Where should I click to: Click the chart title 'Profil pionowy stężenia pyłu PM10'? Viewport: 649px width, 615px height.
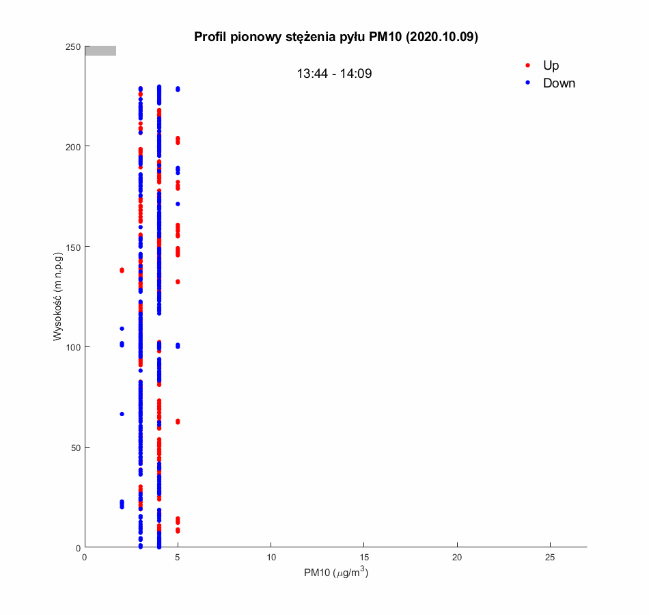pos(336,37)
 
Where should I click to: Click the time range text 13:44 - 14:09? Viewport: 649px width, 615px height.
pos(334,74)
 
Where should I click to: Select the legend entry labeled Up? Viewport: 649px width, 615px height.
pos(551,66)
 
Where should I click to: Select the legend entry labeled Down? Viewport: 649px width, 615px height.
pos(559,83)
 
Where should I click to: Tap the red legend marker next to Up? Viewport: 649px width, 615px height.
pos(527,66)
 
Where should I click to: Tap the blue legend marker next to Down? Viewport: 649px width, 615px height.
pos(527,83)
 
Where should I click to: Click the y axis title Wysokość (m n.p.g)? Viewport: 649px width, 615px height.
pos(59,297)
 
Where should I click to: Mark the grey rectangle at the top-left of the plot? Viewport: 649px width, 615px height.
pos(100,51)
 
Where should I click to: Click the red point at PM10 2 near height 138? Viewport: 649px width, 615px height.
pos(122,271)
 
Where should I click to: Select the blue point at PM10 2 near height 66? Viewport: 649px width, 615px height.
pos(122,414)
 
